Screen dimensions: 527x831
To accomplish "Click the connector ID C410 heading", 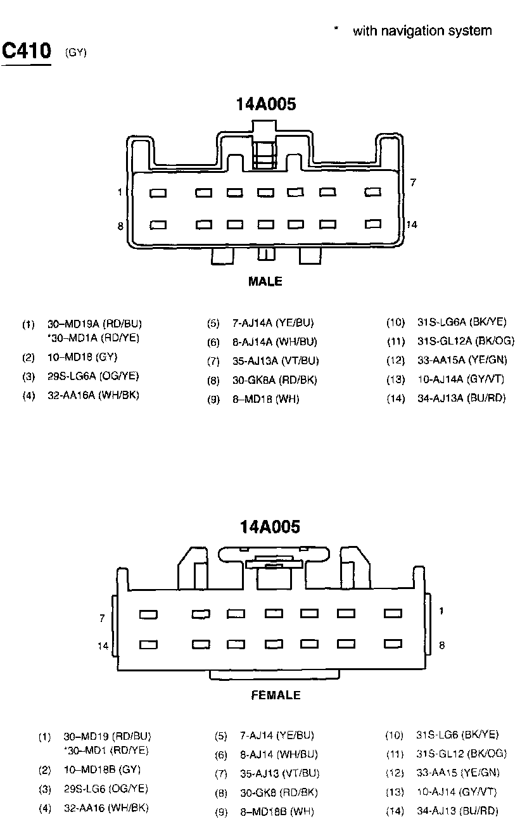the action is coord(27,50).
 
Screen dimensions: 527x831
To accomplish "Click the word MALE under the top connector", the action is coord(265,281).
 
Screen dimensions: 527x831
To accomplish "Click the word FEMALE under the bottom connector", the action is coord(276,695).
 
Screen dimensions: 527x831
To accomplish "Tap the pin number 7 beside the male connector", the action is coord(413,183).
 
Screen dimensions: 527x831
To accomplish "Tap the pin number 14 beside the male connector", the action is coord(412,224).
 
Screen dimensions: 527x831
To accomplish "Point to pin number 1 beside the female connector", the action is coord(441,611).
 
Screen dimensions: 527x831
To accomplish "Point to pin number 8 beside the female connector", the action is coord(441,645).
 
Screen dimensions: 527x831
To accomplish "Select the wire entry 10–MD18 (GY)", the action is coord(82,357).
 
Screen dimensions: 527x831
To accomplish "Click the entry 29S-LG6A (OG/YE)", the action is coord(93,376).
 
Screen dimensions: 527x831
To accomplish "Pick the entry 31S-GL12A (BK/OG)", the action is coord(466,341).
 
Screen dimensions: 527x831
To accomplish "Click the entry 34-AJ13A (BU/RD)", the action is coord(462,398).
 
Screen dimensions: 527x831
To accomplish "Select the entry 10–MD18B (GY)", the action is coord(102,770).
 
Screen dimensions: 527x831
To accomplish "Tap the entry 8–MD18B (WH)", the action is coord(277,811).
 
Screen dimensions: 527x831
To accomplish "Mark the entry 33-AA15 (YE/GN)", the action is coord(458,772).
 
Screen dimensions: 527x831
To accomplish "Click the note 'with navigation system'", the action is coord(422,30).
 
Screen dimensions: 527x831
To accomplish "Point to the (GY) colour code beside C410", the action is coord(75,53).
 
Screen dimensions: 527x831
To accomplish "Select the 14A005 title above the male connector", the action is coord(266,105).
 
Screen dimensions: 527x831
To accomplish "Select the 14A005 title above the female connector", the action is coord(270,526).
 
